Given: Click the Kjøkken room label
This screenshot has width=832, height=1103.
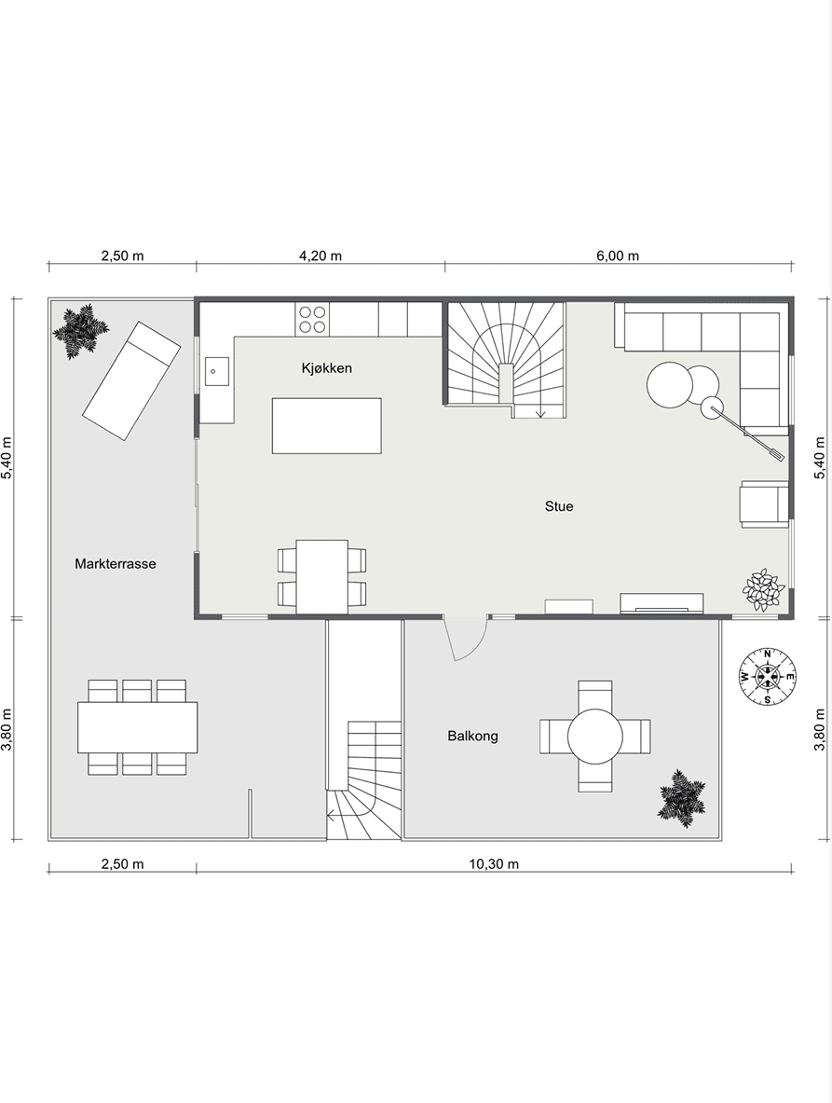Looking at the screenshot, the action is click(x=327, y=368).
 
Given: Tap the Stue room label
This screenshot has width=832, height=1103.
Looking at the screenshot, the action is click(x=559, y=505).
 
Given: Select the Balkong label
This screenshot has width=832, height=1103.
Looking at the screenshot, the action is click(x=473, y=736).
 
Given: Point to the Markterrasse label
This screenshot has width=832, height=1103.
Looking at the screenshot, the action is click(x=116, y=563).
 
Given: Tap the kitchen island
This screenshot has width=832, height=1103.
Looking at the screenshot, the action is click(x=327, y=425).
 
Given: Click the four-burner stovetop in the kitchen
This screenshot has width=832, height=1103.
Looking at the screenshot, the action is click(x=311, y=319).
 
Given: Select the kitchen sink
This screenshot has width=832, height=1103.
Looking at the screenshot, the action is click(x=216, y=371).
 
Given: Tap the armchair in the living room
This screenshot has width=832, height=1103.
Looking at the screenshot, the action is click(x=764, y=503).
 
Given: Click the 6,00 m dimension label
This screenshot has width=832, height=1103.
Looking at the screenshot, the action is click(x=618, y=255).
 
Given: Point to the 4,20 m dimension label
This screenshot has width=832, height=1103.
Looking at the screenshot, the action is click(x=321, y=255).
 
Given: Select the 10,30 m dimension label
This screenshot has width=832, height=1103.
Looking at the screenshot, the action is click(x=494, y=863).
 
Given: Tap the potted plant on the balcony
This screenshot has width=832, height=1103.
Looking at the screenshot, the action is click(x=682, y=798).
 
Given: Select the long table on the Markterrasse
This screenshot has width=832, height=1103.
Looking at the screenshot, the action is click(x=138, y=726).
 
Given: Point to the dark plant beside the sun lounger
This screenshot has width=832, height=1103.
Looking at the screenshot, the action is click(x=81, y=331).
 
